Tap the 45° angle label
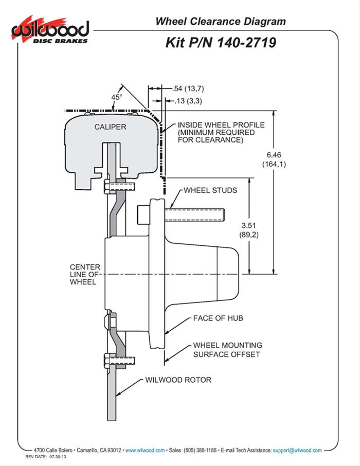117,97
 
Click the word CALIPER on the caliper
110,126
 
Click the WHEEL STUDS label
210,190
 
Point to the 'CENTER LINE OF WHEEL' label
85,275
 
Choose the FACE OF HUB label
218,318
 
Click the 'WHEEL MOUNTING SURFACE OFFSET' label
227,350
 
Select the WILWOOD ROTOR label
178,380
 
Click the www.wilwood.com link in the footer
145,450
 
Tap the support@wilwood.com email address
297,450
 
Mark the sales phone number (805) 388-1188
199,450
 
